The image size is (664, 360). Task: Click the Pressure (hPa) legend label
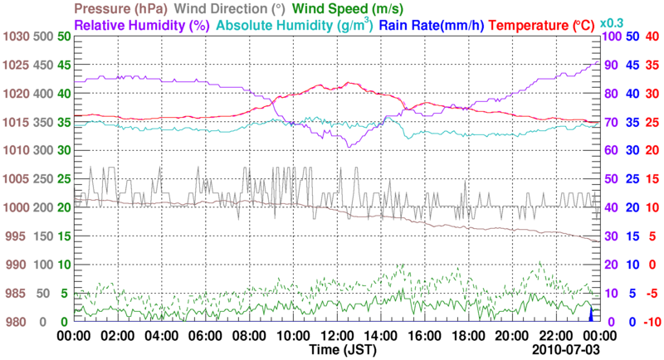tap(124, 9)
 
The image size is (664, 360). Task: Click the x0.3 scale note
tap(612, 23)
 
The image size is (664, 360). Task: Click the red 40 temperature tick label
tap(652, 36)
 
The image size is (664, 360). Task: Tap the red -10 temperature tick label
tap(650, 322)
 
